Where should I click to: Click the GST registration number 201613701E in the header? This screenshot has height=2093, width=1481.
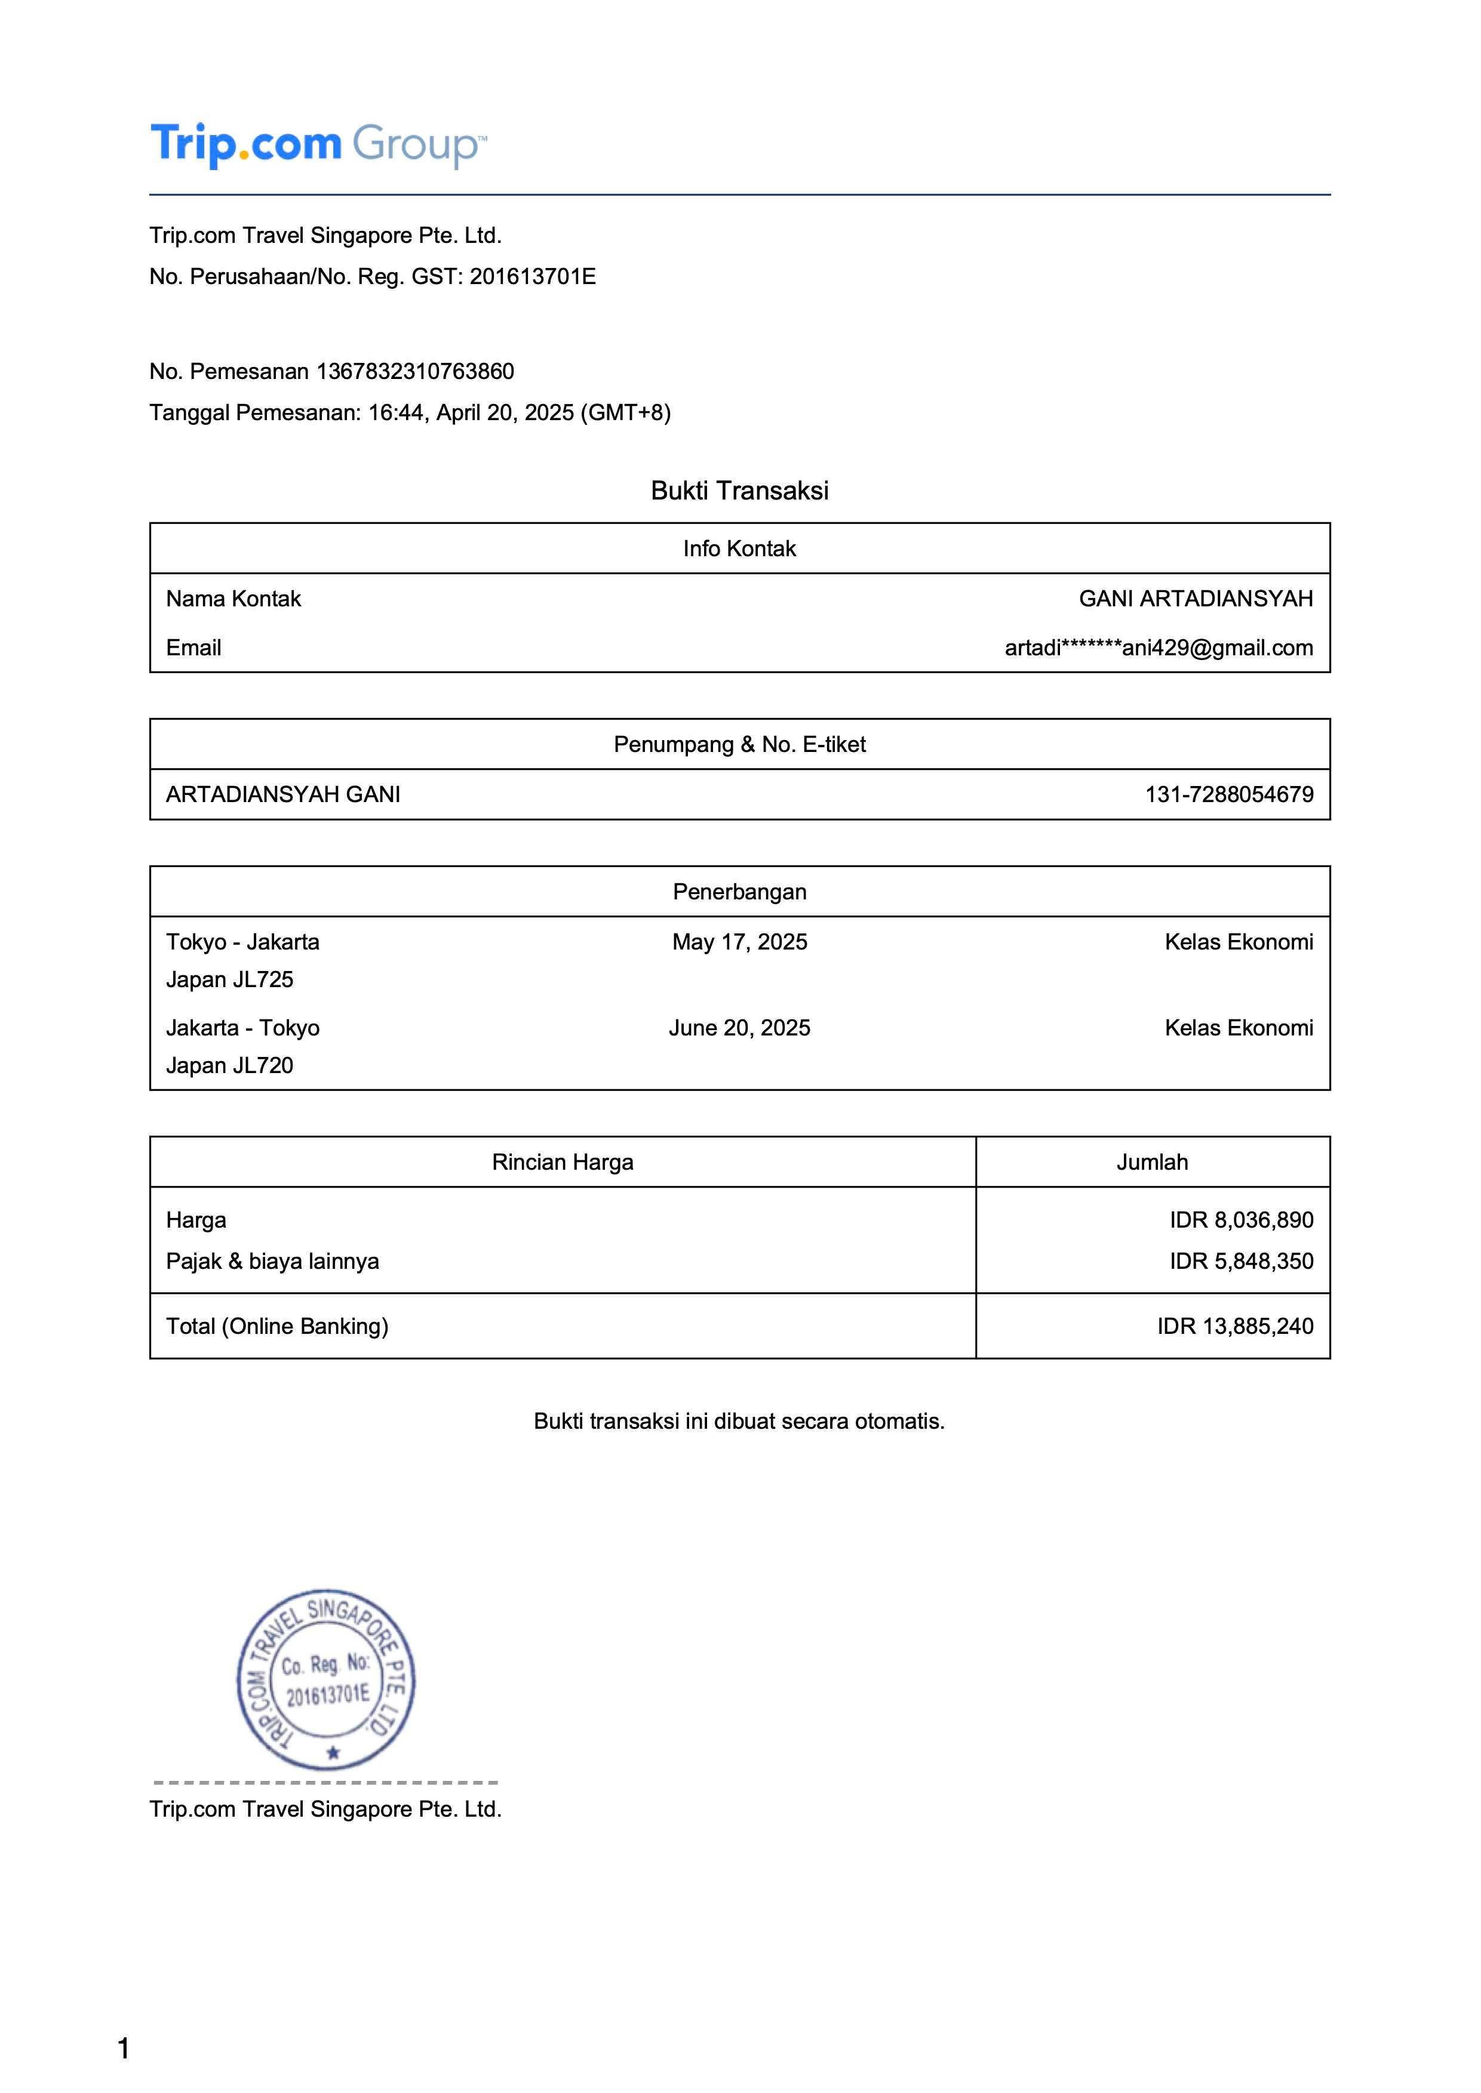(533, 276)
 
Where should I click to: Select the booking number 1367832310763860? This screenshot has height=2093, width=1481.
(415, 371)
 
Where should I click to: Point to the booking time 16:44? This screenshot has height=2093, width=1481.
(396, 413)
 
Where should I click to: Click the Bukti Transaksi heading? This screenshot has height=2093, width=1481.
(739, 491)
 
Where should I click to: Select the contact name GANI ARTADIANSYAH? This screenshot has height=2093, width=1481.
(1196, 599)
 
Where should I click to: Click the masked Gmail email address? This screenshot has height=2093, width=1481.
(1158, 648)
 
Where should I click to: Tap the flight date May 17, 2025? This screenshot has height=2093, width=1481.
(739, 942)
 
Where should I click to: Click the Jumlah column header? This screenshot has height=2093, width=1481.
(1152, 1161)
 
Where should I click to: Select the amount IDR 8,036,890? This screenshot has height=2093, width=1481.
(1241, 1220)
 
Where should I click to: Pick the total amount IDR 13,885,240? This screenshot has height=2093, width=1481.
(1235, 1326)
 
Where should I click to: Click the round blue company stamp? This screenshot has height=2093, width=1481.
(325, 1679)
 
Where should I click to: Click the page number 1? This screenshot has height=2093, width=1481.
(123, 2048)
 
